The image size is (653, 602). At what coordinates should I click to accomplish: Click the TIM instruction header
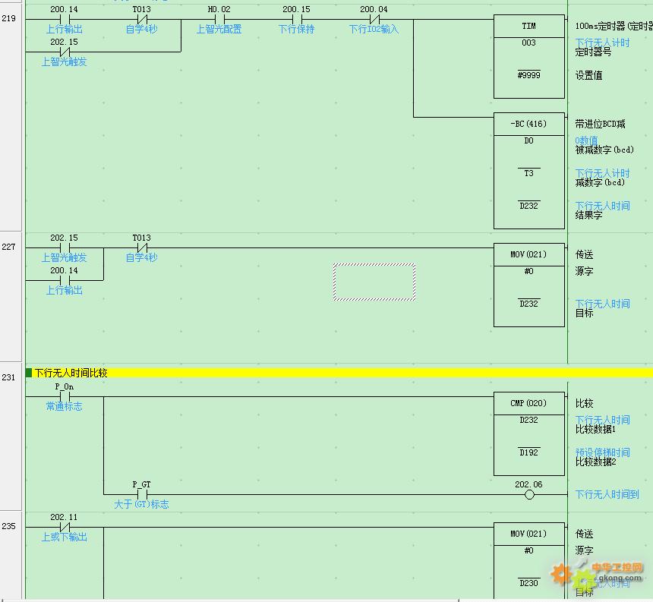(528, 27)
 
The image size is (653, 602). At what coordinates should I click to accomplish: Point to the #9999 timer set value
(528, 75)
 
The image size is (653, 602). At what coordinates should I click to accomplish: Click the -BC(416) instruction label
(528, 124)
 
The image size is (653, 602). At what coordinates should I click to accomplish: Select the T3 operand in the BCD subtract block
(528, 174)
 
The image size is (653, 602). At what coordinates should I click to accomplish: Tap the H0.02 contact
(219, 20)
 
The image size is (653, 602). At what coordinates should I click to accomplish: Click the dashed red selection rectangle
(374, 282)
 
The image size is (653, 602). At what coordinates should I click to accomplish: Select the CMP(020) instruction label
(528, 404)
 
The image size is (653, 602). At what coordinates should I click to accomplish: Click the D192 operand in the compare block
(528, 452)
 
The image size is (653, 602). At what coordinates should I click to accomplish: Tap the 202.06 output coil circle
(529, 495)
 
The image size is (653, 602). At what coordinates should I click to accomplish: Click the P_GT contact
(141, 494)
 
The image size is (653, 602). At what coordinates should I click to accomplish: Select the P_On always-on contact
(65, 396)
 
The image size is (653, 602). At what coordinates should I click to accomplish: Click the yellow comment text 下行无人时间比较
(71, 373)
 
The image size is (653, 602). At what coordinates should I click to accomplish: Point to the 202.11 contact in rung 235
(65, 527)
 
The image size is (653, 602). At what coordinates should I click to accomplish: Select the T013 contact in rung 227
(141, 247)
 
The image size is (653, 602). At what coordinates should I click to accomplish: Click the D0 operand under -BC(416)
(528, 141)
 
